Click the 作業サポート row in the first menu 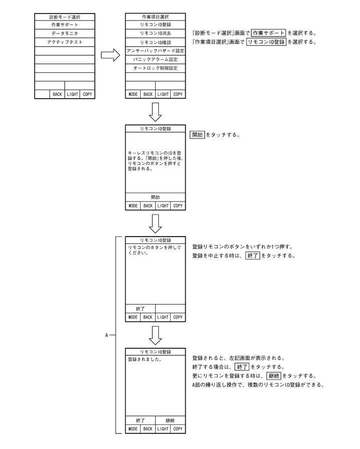[65, 25]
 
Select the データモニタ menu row [65, 33]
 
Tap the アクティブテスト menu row [65, 42]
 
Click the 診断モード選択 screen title [65, 17]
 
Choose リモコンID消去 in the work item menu [155, 33]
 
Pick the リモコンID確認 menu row [155, 42]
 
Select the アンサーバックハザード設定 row [155, 51]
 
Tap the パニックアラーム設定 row [155, 59]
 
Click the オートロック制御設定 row [155, 68]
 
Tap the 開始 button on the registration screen [155, 197]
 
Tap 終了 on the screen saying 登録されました [140, 420]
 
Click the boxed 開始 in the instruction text [198, 135]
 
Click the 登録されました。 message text [147, 359]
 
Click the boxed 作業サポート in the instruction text [268, 33]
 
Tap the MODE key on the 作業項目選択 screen [133, 94]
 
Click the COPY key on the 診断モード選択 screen [88, 94]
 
